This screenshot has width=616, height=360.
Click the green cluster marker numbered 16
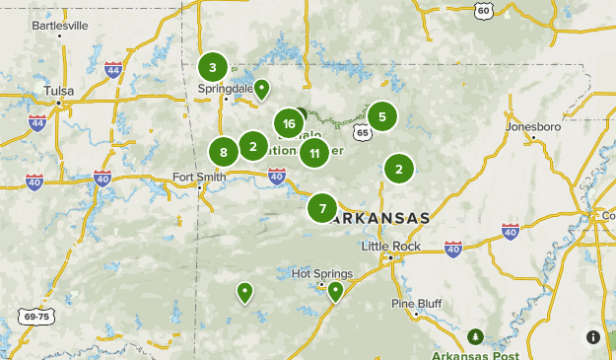pyautogui.click(x=288, y=123)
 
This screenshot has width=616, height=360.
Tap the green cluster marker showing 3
pyautogui.click(x=212, y=67)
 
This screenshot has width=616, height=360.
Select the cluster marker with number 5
pyautogui.click(x=382, y=116)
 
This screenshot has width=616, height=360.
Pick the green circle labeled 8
pyautogui.click(x=224, y=152)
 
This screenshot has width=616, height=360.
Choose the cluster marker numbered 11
pyautogui.click(x=313, y=152)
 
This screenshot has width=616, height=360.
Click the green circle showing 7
pyautogui.click(x=322, y=208)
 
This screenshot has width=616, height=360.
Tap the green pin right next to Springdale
pyautogui.click(x=262, y=90)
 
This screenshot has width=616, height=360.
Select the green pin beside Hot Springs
pyautogui.click(x=335, y=290)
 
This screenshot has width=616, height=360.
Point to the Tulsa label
pyautogui.click(x=59, y=91)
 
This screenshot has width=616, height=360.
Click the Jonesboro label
pyautogui.click(x=532, y=127)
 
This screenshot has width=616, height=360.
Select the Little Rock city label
pyautogui.click(x=390, y=246)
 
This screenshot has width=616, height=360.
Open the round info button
pyautogui.click(x=593, y=337)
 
